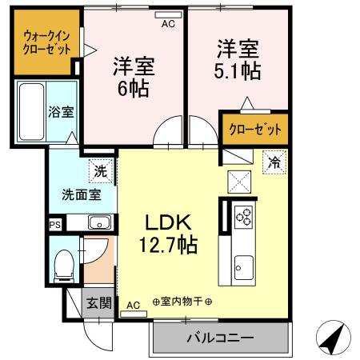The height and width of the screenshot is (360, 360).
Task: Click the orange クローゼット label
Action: click(x=254, y=128)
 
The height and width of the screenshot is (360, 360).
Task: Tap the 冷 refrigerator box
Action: click(x=274, y=161)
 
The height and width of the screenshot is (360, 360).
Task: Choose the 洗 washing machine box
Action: click(x=101, y=170)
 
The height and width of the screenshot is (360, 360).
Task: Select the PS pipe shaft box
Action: click(x=54, y=226)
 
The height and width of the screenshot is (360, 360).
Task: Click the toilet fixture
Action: click(x=63, y=266)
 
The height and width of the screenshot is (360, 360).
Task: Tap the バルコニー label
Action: click(x=221, y=338)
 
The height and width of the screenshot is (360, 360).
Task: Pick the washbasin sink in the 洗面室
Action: click(x=99, y=222)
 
